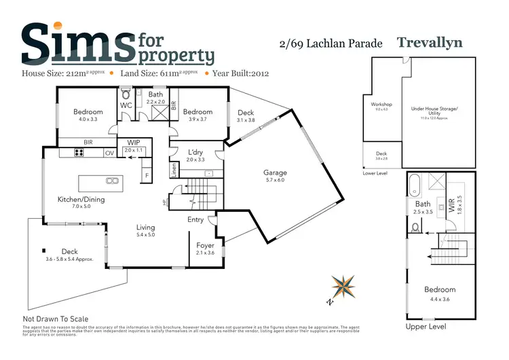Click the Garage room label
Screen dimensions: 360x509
[x=275, y=173]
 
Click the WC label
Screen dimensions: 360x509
[x=126, y=106]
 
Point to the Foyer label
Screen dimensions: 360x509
[x=205, y=245]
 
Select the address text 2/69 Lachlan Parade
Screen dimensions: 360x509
[x=331, y=44]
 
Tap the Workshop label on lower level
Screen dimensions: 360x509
[x=381, y=105]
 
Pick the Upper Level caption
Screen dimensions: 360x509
[x=426, y=327]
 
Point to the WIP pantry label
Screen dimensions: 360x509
[x=134, y=143]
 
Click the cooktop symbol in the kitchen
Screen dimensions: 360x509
[x=78, y=153]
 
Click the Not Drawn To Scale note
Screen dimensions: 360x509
[x=56, y=319]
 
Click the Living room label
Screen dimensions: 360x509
[x=145, y=228]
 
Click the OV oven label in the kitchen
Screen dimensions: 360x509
[x=109, y=153]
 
